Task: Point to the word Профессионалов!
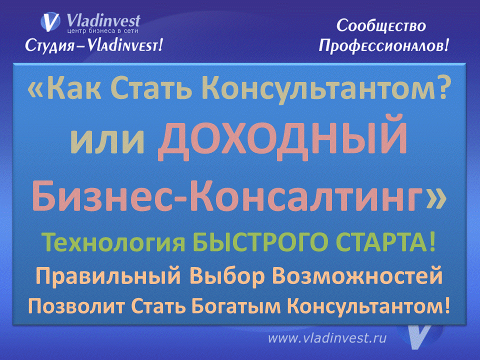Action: (x=384, y=46)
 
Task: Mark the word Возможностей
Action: (x=364, y=276)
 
